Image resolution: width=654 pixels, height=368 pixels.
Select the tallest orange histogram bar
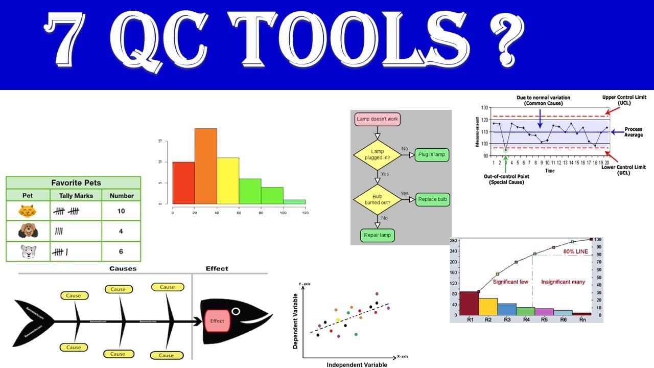(205, 169)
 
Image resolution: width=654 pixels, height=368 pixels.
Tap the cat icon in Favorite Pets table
(27, 211)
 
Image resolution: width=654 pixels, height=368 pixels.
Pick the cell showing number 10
(121, 211)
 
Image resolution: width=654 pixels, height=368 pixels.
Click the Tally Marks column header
(76, 195)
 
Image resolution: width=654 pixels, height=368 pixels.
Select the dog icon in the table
(27, 231)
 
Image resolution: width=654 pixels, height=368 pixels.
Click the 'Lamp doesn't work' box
(377, 119)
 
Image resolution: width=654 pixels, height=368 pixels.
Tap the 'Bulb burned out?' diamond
(377, 199)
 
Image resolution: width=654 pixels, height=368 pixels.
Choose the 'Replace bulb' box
(432, 199)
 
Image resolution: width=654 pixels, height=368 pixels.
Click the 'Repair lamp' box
(377, 236)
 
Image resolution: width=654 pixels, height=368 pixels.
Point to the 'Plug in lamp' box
(432, 154)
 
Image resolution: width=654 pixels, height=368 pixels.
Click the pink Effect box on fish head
(217, 321)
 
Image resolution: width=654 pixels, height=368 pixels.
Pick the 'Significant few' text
(510, 282)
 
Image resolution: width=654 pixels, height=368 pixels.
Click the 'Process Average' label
(634, 132)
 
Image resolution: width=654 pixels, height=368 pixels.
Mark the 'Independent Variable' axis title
(357, 364)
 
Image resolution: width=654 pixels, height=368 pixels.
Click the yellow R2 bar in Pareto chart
(488, 307)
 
